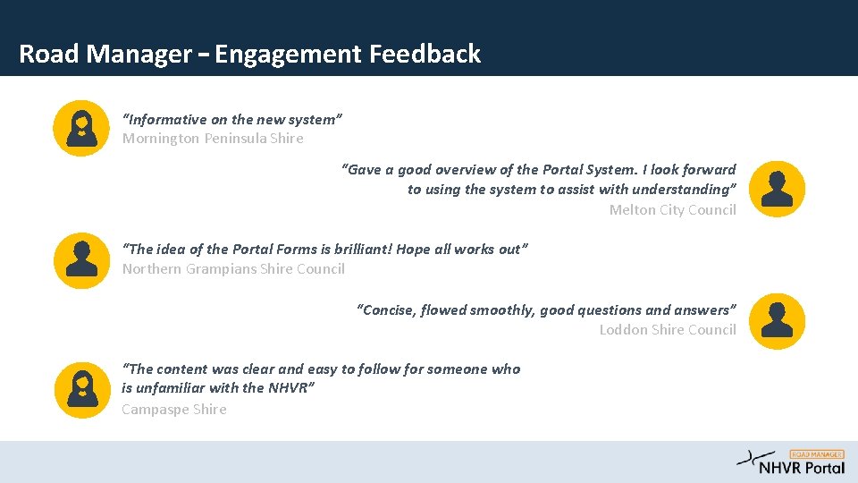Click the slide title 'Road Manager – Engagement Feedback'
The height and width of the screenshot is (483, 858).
click(x=249, y=55)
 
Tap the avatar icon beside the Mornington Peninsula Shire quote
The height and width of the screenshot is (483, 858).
click(x=81, y=128)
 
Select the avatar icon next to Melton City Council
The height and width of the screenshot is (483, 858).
click(x=777, y=189)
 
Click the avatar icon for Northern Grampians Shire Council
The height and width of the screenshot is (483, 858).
click(x=81, y=260)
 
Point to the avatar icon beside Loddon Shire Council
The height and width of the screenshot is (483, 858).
click(x=777, y=321)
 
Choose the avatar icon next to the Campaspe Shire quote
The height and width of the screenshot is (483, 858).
click(x=81, y=389)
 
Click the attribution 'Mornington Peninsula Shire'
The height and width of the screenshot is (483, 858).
click(x=213, y=139)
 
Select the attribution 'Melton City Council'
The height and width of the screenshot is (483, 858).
click(x=672, y=210)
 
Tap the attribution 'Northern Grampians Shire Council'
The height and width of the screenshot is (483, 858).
click(x=233, y=269)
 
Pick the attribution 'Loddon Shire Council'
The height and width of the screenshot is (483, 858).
click(x=668, y=330)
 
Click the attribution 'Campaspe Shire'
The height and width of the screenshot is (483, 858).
click(x=174, y=410)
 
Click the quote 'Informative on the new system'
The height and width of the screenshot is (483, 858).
click(x=232, y=119)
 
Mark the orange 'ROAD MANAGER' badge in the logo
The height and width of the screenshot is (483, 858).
click(x=817, y=454)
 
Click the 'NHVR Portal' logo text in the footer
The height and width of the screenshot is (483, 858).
click(x=802, y=468)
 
